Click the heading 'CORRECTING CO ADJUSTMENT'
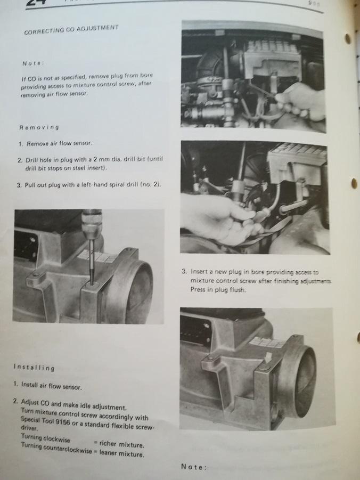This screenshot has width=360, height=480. pos(71,29)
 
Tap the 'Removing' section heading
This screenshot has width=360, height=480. pos(39,127)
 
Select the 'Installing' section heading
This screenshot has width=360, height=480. pos(34,368)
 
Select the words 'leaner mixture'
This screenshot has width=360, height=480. pos(121,454)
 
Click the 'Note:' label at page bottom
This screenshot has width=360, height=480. pos(194,467)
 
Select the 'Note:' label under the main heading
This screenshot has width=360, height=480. pos(33,63)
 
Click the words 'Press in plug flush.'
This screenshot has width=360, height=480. pos(218,289)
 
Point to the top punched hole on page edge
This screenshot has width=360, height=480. pos(348,38)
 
